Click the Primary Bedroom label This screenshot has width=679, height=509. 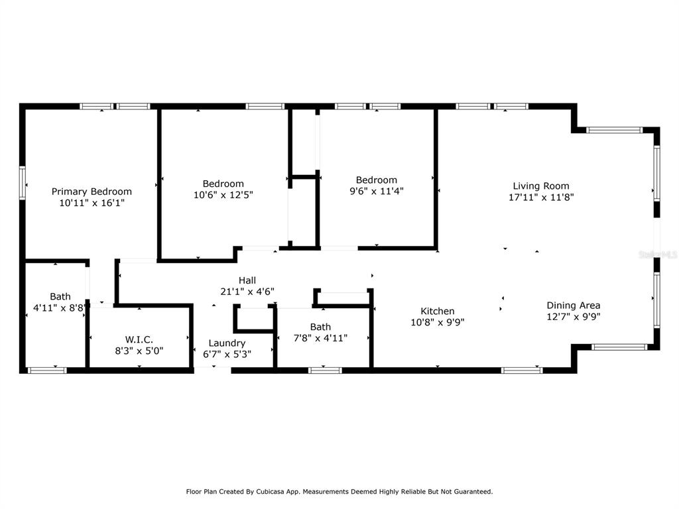coord(92,192)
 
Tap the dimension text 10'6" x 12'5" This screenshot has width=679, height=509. coord(223,195)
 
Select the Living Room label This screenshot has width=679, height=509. coord(541,186)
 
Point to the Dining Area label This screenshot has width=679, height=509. coord(574,305)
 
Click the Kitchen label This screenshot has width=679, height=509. coord(438,311)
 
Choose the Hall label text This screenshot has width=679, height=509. coord(247,280)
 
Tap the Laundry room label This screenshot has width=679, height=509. coord(227,343)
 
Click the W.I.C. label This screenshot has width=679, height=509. coord(139,339)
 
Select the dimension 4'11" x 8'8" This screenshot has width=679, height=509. coord(60,308)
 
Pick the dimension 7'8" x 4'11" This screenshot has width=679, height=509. coord(320,338)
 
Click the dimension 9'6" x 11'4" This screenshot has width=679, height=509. coord(377,191)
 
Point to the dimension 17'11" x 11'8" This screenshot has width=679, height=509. coord(541,197)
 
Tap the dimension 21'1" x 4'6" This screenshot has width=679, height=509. coord(247,292)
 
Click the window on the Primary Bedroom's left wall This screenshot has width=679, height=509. coord(22,183)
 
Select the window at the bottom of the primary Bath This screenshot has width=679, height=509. coord(47,370)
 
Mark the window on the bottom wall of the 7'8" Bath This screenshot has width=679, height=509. coord(325,370)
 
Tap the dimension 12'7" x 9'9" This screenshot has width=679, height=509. coord(574,316)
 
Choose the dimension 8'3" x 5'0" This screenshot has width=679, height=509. coord(139,351)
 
